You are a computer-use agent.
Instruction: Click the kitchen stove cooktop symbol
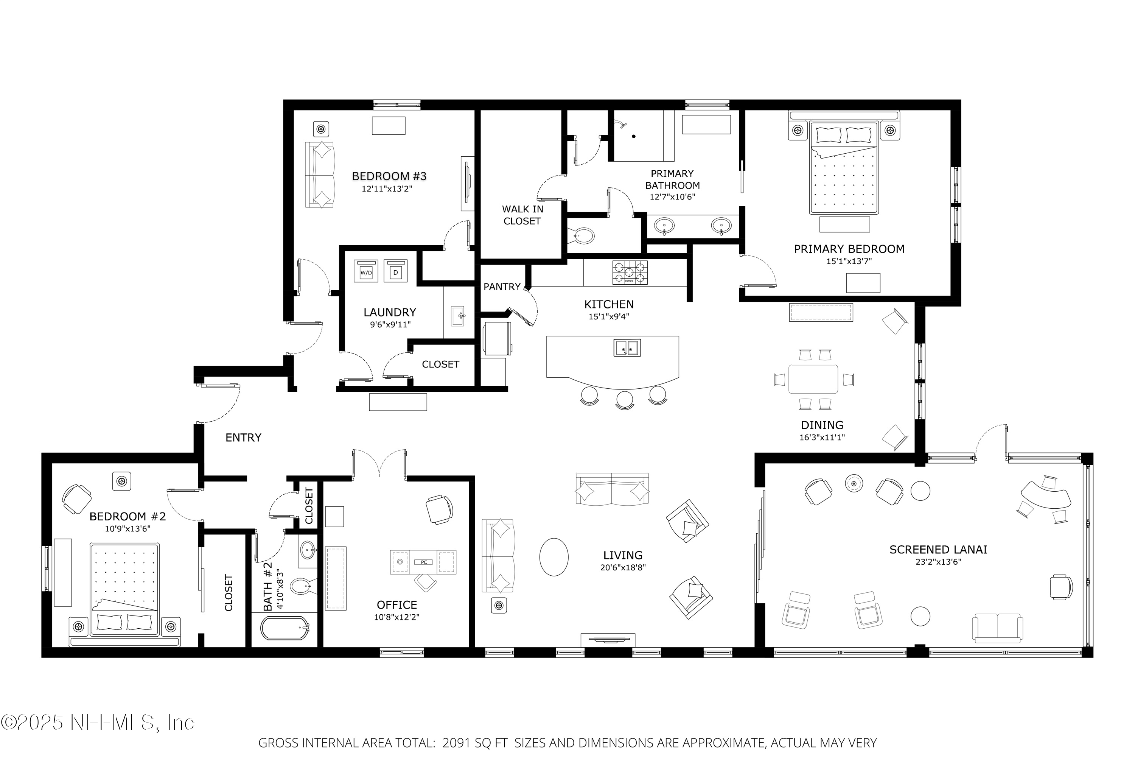tap(630, 273)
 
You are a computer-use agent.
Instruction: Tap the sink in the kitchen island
tap(627, 347)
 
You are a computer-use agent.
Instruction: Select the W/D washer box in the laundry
tap(366, 271)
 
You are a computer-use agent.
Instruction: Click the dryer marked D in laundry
tap(396, 271)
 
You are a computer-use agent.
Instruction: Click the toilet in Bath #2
tap(302, 587)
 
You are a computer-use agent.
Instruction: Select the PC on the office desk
tap(424, 562)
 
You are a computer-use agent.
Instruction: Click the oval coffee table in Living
tap(554, 557)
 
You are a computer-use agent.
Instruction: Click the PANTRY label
tap(502, 287)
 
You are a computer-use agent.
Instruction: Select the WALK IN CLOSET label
tap(522, 215)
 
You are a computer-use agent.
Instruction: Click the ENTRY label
tap(243, 438)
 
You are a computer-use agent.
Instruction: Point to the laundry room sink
tap(457, 316)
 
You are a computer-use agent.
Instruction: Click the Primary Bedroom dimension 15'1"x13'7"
tap(849, 261)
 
